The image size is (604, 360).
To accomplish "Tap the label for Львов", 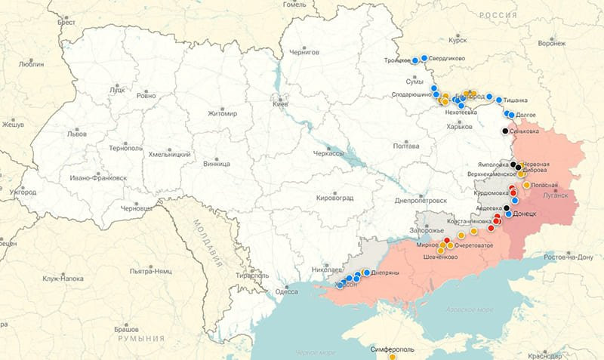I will click(77, 133).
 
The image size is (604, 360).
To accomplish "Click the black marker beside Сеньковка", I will click(505, 131).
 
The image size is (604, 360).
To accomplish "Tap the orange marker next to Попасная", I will click(526, 185).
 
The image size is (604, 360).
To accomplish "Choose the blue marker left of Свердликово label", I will click(424, 58).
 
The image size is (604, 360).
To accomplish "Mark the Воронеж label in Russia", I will click(552, 43).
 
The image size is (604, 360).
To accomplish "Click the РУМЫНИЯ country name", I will click(140, 340).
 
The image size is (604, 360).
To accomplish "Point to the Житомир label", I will click(222, 113).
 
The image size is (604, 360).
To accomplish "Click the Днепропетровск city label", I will click(421, 201).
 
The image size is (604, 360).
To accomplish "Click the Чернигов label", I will click(304, 52).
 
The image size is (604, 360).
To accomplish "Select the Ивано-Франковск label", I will click(97, 178).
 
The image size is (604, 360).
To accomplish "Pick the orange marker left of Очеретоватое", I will click(451, 245).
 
